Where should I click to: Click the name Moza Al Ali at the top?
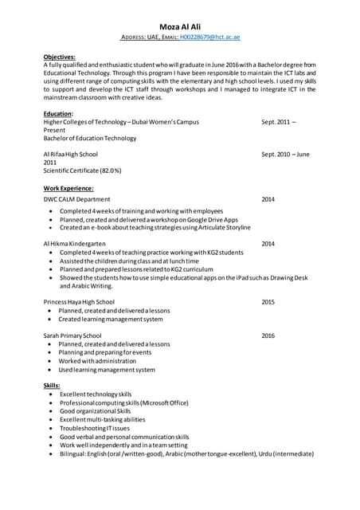[x=179, y=25]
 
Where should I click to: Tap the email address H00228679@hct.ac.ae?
[x=210, y=37]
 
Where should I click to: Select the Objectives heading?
[x=60, y=57]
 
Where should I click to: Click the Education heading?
[x=58, y=114]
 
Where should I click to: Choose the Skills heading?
[x=52, y=386]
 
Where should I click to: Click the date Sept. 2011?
[x=278, y=122]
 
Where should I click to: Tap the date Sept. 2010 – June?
[x=285, y=154]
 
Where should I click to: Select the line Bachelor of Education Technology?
[x=90, y=138]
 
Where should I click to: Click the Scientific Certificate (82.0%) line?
[x=83, y=171]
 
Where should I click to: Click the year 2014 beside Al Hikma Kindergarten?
[x=268, y=243]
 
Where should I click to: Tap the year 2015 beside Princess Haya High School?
[x=268, y=302]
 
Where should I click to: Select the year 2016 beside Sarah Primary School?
[x=268, y=335]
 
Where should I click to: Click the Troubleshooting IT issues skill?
[x=97, y=428]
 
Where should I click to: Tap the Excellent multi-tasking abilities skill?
[x=102, y=419]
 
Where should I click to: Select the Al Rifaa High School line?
[x=71, y=154]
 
